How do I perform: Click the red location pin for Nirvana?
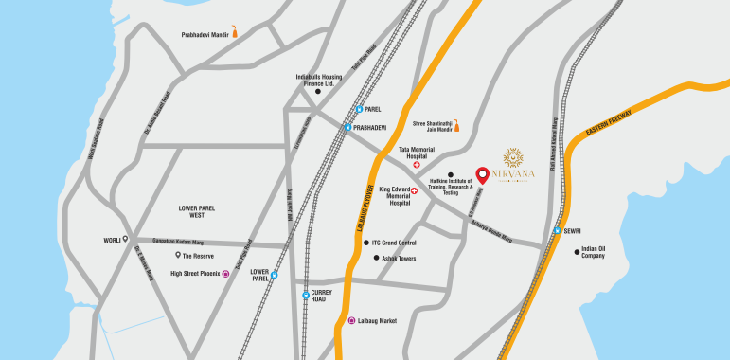tap(482, 175)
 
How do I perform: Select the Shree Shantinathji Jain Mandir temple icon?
tap(455, 127)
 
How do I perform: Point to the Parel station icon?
tap(359, 109)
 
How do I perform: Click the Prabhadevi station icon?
tap(347, 127)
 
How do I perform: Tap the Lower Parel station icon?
tap(274, 276)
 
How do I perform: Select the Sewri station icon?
tap(557, 230)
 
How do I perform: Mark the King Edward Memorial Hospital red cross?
tap(414, 190)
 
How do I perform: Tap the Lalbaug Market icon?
tap(351, 321)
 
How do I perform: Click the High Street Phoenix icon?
tap(225, 274)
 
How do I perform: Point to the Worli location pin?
tap(125, 241)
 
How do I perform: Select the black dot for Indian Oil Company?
tap(577, 252)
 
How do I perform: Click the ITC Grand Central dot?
tap(366, 243)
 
